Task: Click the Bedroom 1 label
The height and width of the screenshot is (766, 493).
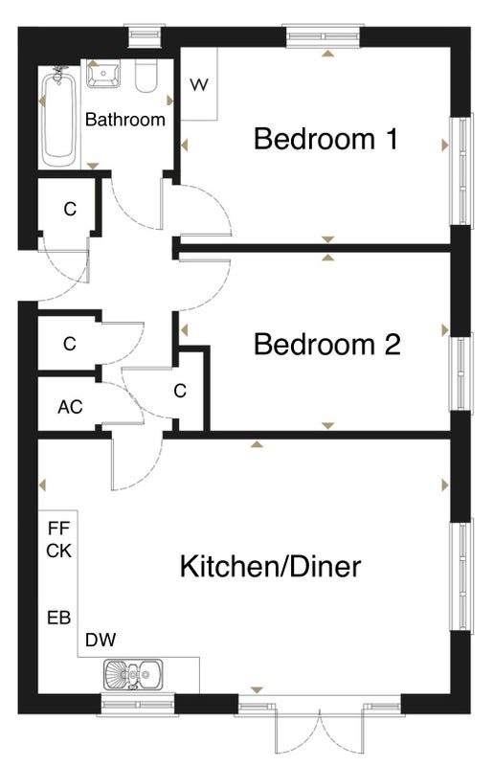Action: point(325,138)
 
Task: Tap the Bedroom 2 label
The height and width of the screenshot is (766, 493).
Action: point(326,345)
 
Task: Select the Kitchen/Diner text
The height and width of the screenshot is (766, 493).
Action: point(271,566)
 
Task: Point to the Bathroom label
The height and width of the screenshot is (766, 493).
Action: point(125,120)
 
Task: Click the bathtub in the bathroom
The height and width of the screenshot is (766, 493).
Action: point(58,118)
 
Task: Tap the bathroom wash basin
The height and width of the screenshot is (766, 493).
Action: point(103,75)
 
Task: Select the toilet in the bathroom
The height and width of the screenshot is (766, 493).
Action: point(146,77)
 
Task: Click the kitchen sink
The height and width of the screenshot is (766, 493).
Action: point(133,674)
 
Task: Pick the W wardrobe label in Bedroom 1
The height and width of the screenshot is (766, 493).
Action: point(199,85)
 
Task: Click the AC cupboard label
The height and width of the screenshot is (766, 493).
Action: point(70,407)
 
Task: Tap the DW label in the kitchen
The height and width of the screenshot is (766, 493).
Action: point(101,640)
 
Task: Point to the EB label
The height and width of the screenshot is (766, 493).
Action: point(59,618)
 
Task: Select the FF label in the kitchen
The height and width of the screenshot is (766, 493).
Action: point(59,529)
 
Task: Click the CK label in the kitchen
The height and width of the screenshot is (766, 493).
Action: point(59,552)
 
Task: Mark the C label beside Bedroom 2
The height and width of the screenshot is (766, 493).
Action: point(180,391)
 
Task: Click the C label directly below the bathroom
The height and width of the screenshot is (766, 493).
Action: point(70,209)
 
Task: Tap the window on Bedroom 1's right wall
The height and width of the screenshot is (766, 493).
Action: point(461,171)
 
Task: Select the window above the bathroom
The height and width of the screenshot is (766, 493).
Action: point(144,35)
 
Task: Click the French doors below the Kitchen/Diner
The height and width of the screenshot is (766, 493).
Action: point(320,727)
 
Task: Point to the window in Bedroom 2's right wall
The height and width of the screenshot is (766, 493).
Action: point(461,372)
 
